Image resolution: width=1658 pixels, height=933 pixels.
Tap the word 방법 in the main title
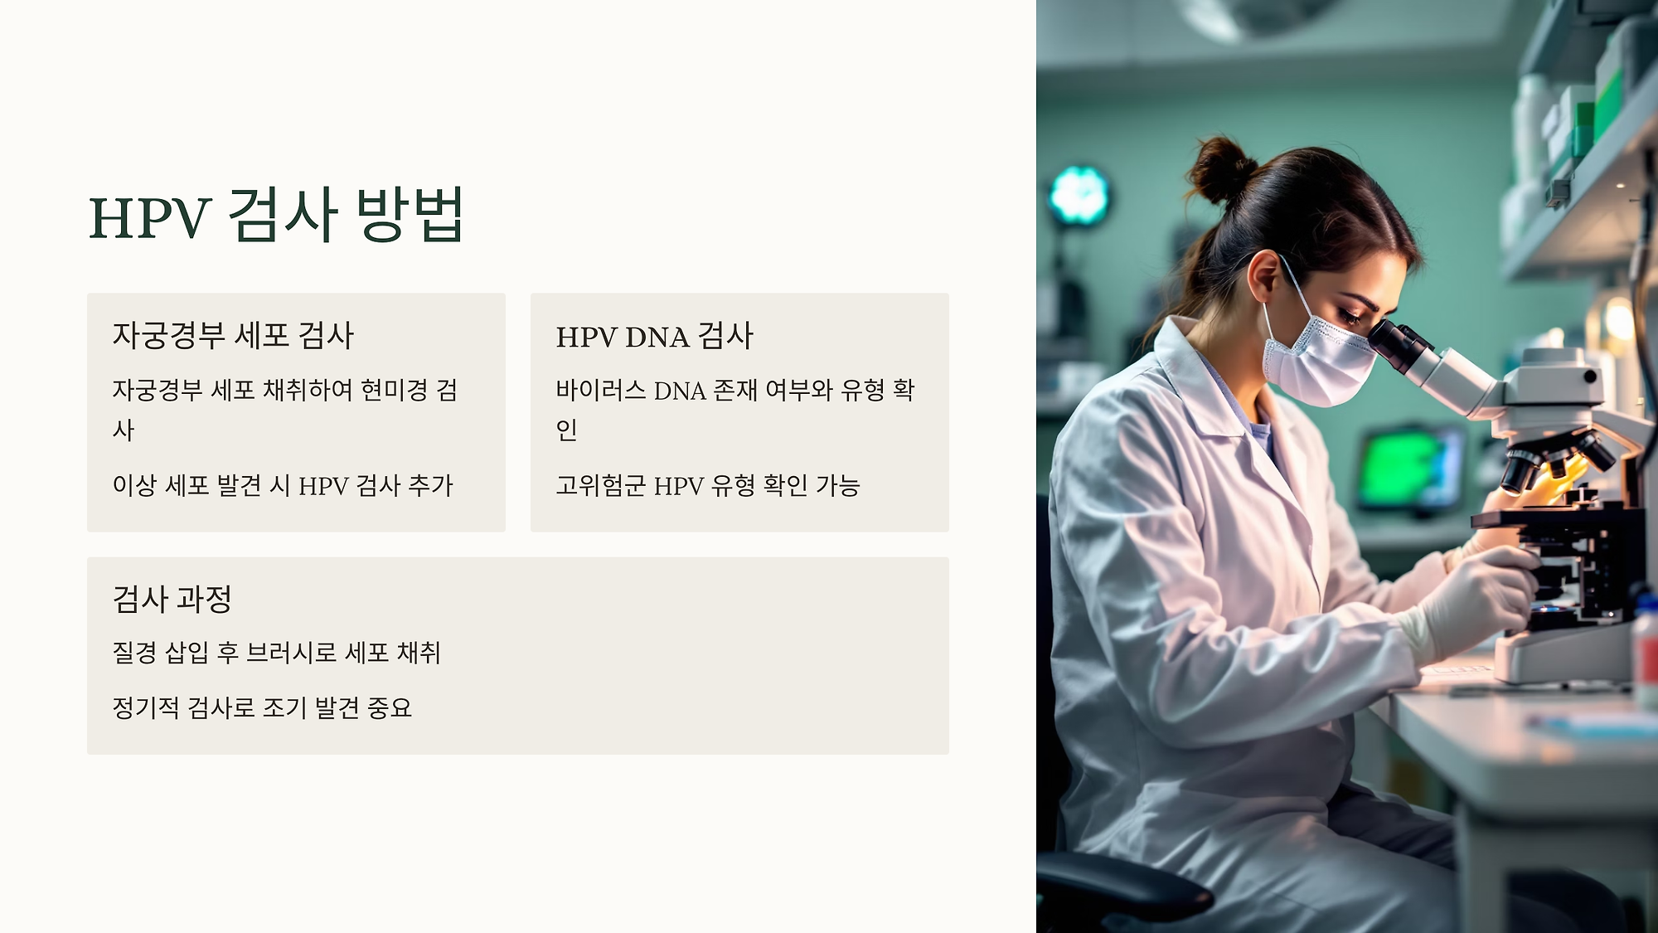point(410,216)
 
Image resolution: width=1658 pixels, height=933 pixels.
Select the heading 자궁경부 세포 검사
point(233,336)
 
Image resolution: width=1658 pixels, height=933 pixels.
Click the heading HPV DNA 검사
point(654,337)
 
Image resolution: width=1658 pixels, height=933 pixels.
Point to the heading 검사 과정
point(172,600)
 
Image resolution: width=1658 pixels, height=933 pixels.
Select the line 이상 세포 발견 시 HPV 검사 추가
point(283,486)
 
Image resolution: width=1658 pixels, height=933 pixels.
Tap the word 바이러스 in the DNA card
point(600,390)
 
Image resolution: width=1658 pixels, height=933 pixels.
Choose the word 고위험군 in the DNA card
point(600,486)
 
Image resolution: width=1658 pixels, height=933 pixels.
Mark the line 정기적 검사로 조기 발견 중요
point(262,708)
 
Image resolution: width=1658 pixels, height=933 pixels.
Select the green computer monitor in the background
point(1409,469)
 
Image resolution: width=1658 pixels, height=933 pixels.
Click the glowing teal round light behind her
point(1079,196)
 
